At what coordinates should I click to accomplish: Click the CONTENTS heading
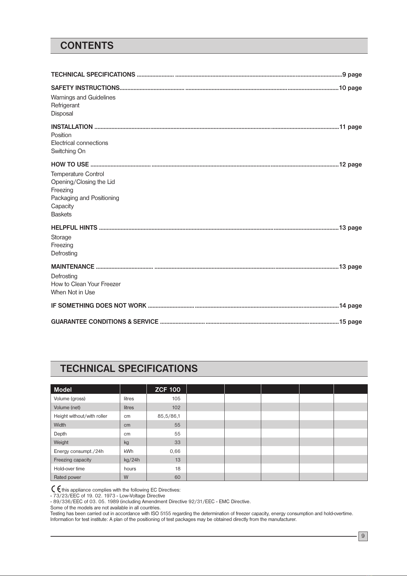pyautogui.click(x=87, y=46)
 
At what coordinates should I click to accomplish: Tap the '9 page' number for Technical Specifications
pyautogui.click(x=352, y=75)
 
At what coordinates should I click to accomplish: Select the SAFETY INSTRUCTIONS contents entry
pyautogui.click(x=85, y=88)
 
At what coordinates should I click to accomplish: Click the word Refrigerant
pyautogui.click(x=65, y=105)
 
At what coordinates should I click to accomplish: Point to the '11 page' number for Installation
pyautogui.click(x=350, y=127)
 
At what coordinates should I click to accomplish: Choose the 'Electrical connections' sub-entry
pyautogui.click(x=80, y=143)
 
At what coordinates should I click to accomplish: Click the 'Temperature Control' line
pyautogui.click(x=78, y=174)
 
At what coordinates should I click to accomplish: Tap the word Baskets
pyautogui.click(x=61, y=214)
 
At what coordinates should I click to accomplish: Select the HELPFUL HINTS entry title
pyautogui.click(x=74, y=228)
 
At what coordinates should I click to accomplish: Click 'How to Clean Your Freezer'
pyautogui.click(x=86, y=284)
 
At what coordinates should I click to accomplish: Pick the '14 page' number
pyautogui.click(x=350, y=306)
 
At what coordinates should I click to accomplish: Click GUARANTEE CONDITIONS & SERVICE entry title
pyautogui.click(x=104, y=322)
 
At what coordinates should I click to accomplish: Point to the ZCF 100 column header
pyautogui.click(x=168, y=389)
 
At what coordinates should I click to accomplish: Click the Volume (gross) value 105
pyautogui.click(x=176, y=399)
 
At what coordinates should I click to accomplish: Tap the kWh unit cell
pyautogui.click(x=129, y=451)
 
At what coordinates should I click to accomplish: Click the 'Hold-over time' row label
pyautogui.click(x=69, y=469)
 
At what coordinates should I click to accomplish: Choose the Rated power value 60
pyautogui.click(x=178, y=477)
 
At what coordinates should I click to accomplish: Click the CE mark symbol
pyautogui.click(x=56, y=489)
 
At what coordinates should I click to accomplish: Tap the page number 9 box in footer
pyautogui.click(x=363, y=536)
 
